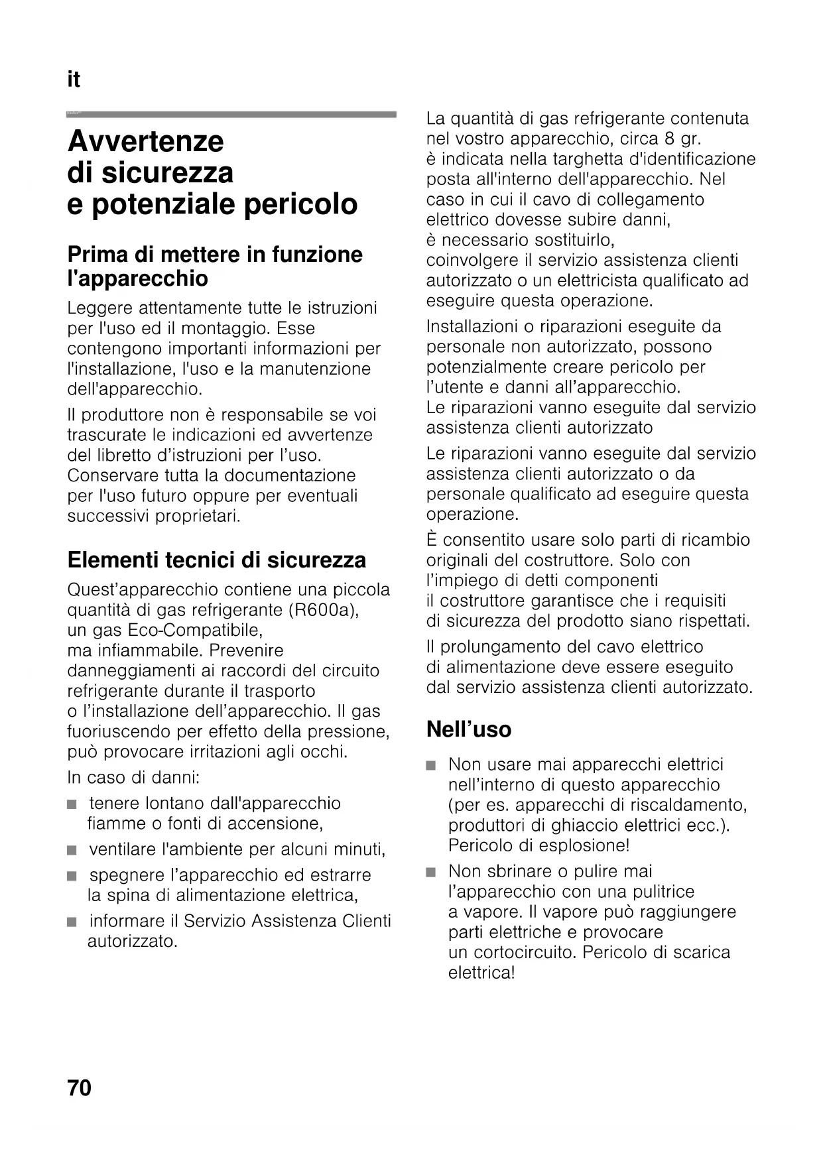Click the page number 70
[79, 1088]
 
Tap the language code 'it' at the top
[74, 80]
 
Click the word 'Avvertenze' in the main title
[146, 141]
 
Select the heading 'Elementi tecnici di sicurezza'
[216, 560]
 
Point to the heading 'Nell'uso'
[469, 729]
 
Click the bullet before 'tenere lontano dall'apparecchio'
[72, 804]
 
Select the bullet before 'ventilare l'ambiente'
[72, 850]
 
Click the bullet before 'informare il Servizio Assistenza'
[72, 922]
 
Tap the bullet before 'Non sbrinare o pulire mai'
[432, 872]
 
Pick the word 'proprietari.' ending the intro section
[198, 516]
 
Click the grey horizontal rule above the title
[231, 115]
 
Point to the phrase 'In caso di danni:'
[133, 777]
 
